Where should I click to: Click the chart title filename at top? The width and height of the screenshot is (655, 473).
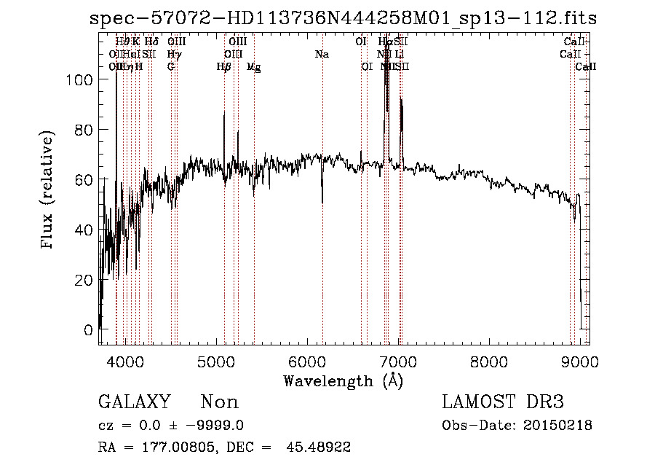tap(343, 18)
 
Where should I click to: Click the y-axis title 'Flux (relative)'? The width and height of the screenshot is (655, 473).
tap(48, 191)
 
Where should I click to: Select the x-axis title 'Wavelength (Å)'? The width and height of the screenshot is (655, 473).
tap(343, 380)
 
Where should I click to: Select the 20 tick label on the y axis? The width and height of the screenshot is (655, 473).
tap(84, 280)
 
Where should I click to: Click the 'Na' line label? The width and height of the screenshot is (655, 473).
tap(321, 55)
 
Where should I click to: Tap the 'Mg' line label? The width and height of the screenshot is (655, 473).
tap(254, 67)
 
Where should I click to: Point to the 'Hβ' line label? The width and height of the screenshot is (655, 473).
tap(224, 67)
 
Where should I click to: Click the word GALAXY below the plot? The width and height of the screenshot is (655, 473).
tap(134, 402)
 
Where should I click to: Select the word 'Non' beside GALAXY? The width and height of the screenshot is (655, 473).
tap(219, 402)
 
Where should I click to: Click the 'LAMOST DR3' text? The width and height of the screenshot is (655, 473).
tap(503, 402)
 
